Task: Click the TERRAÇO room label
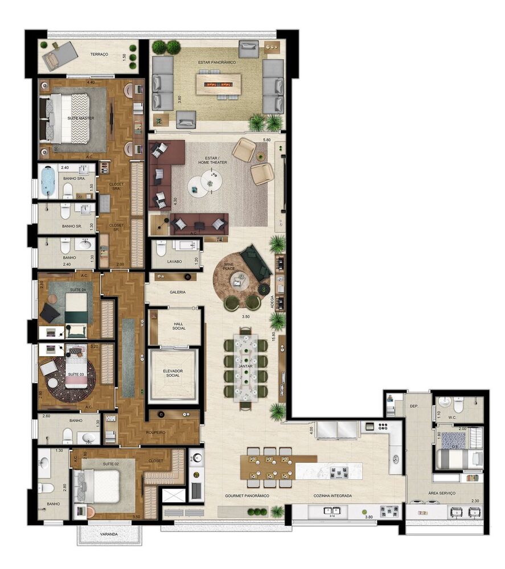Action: tap(100, 55)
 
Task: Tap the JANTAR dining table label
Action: tap(245, 366)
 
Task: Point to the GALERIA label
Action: tap(178, 292)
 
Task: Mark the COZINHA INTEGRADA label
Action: tap(332, 496)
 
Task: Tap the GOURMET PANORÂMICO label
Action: tap(247, 496)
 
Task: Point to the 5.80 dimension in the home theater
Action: tap(266, 140)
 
